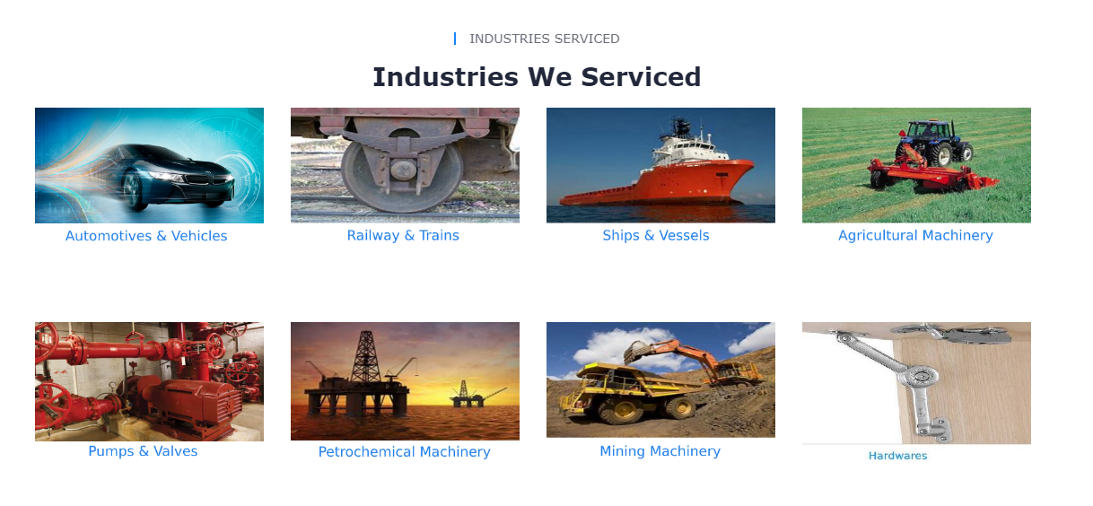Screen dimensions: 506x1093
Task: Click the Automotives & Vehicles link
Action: tap(146, 236)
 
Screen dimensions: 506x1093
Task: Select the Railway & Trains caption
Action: tap(403, 236)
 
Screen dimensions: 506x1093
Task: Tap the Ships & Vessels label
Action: tap(656, 236)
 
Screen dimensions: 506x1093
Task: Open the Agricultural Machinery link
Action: tap(915, 236)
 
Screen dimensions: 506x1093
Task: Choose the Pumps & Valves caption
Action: tap(143, 451)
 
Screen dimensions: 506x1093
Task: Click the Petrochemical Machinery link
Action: tap(404, 452)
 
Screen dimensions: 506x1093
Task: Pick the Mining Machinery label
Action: tap(660, 451)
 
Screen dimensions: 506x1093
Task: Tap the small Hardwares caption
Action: tap(897, 456)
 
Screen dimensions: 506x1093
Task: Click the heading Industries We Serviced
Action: tap(537, 77)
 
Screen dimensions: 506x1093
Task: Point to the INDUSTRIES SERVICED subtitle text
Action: tap(544, 39)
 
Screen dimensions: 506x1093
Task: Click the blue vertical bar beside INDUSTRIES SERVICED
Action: tap(455, 39)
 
